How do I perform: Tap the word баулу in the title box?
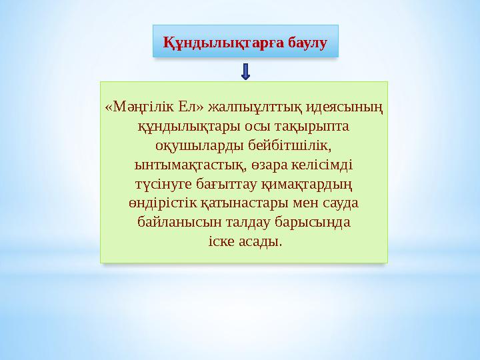[x=308, y=43]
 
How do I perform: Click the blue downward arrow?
[x=246, y=72]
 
